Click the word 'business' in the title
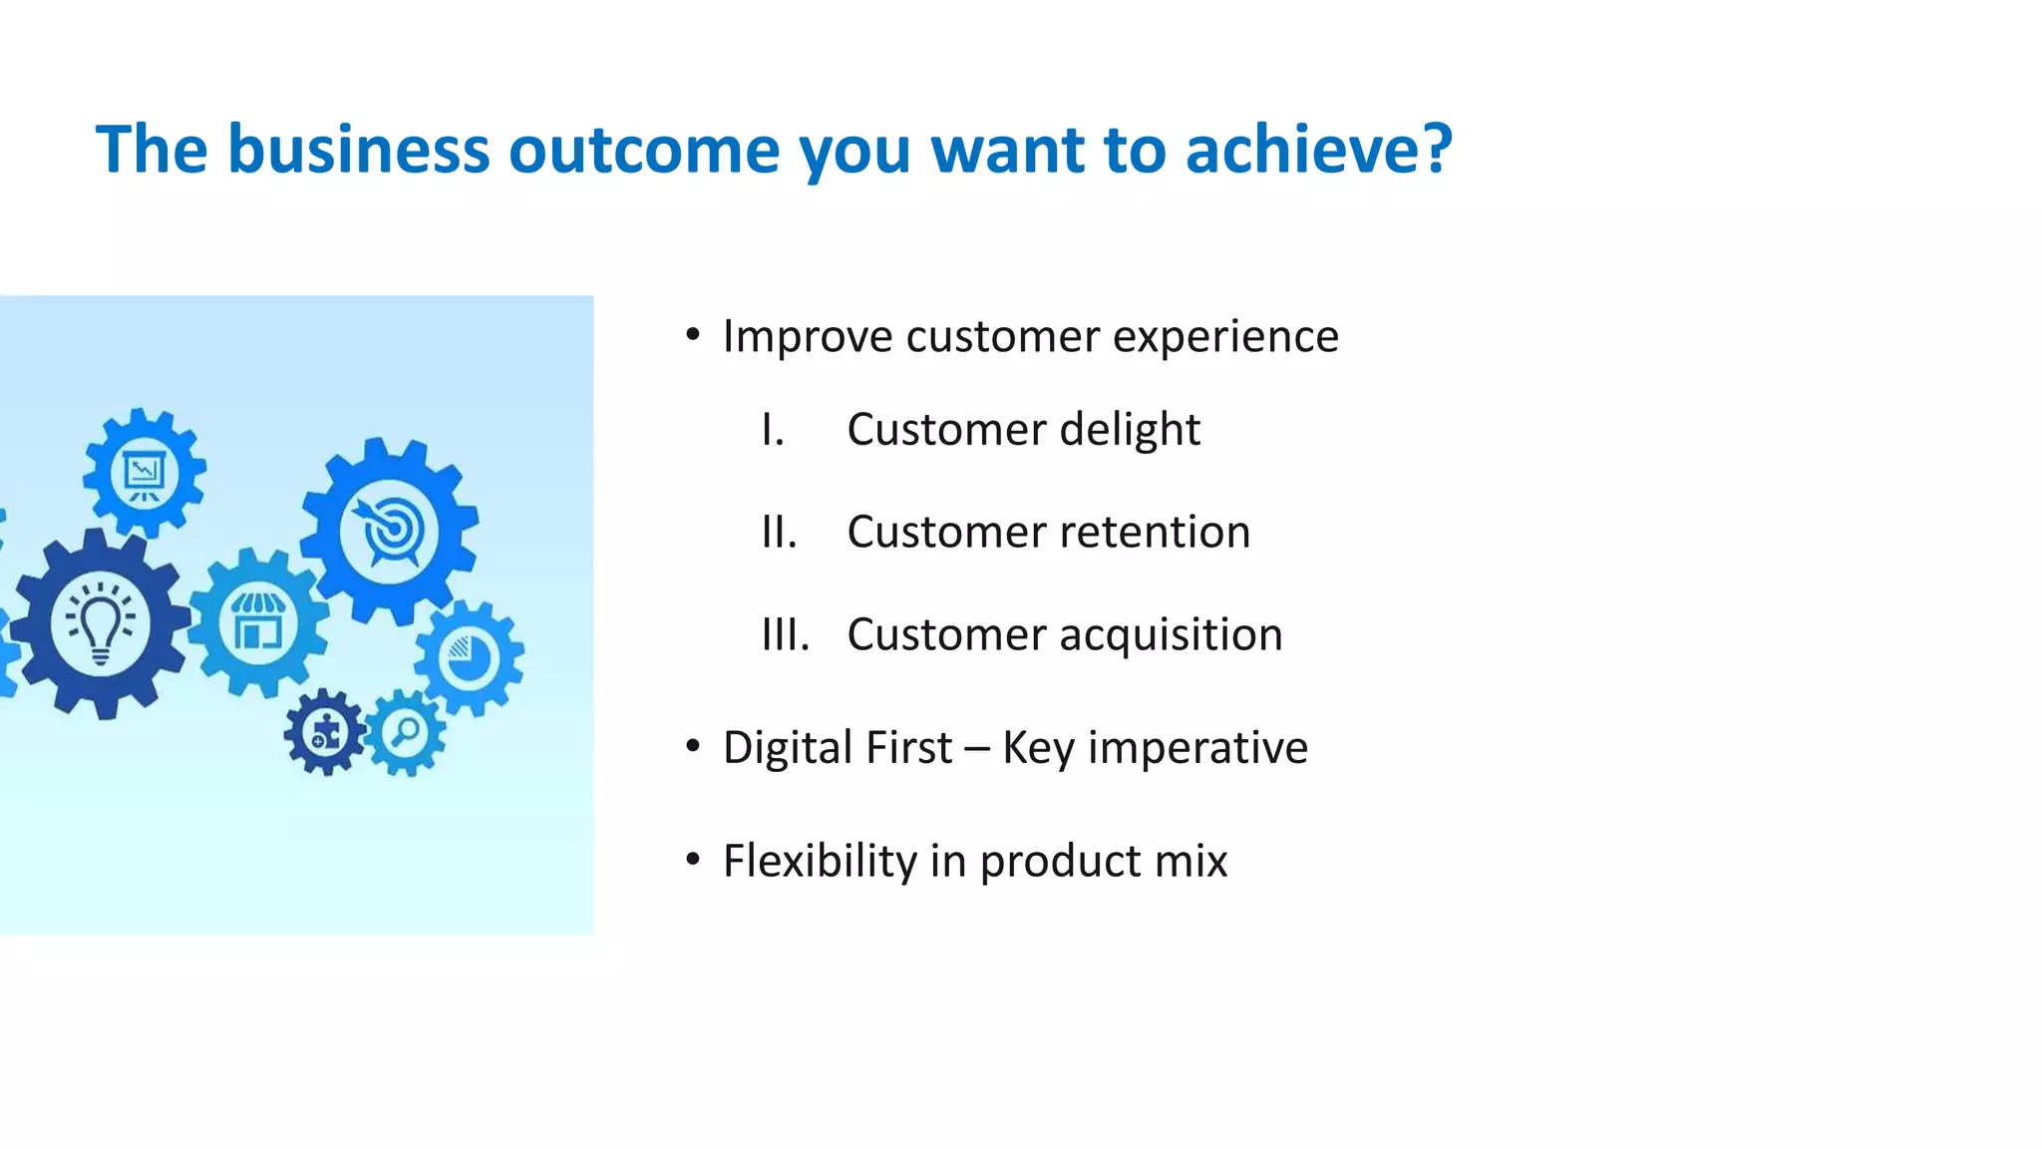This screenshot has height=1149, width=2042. (358, 150)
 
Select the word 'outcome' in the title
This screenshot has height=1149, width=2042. (644, 150)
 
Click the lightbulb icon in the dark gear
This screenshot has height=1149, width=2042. (100, 624)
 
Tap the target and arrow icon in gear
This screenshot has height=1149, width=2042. (389, 531)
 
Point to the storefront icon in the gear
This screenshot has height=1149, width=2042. (258, 622)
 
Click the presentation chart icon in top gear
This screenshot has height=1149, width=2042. (145, 473)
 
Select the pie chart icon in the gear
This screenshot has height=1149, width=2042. (469, 658)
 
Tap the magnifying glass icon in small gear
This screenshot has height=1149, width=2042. (406, 733)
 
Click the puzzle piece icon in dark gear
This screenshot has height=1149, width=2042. (326, 734)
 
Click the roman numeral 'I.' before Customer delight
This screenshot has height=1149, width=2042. (773, 430)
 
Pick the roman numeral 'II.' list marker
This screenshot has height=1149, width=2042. (779, 533)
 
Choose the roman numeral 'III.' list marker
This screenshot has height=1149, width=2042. (785, 635)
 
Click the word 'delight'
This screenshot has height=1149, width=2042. (1129, 430)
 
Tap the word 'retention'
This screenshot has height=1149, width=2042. (1154, 533)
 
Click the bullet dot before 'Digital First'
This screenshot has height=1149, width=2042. (693, 746)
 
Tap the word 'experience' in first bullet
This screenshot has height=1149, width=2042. (1225, 337)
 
